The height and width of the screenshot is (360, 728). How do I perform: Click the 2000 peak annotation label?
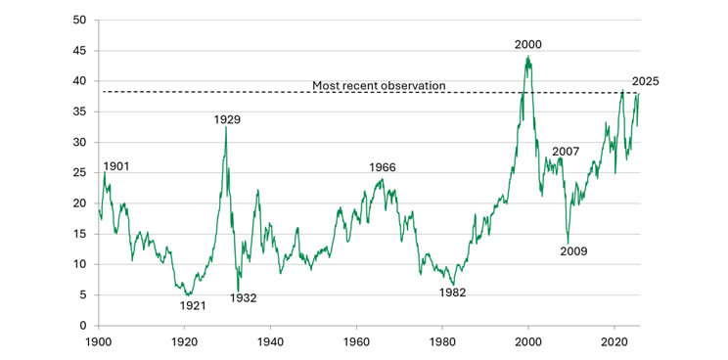point(528,44)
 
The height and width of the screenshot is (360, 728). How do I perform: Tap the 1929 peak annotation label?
point(227,119)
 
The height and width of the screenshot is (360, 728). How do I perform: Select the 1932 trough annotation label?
point(243,297)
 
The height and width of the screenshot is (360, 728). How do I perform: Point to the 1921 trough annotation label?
point(193,305)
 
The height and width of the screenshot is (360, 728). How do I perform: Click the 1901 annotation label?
point(116,167)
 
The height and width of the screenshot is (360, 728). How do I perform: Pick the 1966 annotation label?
point(383,167)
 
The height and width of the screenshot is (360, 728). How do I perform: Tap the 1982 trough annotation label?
point(452,292)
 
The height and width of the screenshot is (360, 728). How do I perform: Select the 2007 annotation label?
point(566,152)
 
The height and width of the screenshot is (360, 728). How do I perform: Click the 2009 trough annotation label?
point(573,251)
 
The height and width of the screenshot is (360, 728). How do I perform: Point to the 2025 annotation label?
point(645,81)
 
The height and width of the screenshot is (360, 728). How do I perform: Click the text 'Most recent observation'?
point(379,86)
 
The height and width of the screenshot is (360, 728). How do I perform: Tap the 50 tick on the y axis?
point(79,20)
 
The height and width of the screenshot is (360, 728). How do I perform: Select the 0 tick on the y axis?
point(82,325)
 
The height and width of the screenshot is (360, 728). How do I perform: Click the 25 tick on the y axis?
point(79,172)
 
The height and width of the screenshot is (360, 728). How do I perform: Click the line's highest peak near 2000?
point(528,56)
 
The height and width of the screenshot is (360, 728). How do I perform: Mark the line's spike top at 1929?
point(226,127)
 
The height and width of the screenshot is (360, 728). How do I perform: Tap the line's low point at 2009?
point(568,244)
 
